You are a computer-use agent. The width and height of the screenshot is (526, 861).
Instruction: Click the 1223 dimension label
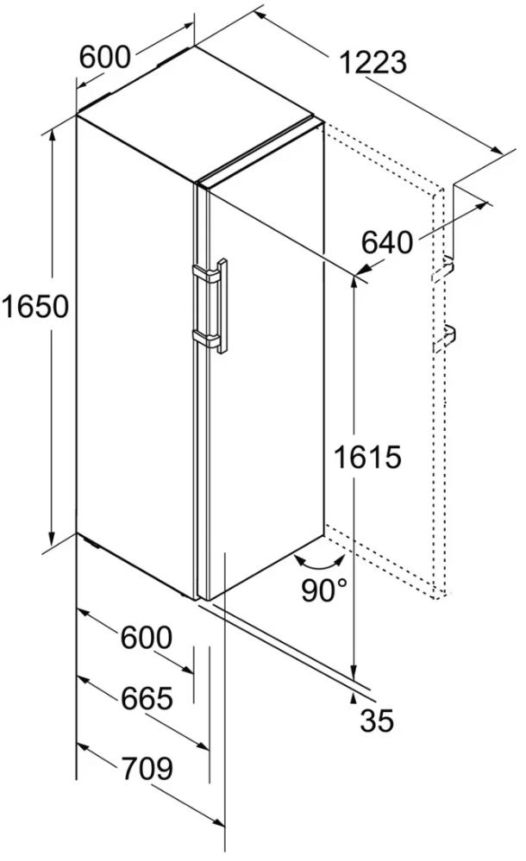click(373, 62)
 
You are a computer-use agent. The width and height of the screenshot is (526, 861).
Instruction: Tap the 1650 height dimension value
click(34, 307)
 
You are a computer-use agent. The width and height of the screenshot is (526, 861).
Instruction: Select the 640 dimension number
click(387, 242)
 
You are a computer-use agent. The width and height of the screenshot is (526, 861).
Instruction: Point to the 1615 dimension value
click(367, 457)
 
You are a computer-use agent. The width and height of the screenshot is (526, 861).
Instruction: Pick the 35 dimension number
click(377, 721)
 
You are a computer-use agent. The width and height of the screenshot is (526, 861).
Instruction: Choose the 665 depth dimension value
click(147, 698)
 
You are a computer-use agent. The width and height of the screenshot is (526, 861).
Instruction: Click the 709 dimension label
click(147, 769)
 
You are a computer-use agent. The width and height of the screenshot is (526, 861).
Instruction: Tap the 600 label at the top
click(105, 57)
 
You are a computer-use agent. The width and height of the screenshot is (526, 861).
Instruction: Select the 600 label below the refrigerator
click(147, 638)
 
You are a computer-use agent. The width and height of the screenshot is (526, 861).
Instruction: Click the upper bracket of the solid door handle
click(204, 273)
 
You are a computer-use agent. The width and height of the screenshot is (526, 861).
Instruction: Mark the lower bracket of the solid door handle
click(204, 338)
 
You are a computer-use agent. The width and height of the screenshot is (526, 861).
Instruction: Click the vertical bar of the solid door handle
click(222, 307)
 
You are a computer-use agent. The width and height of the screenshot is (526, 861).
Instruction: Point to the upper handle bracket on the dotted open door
click(444, 269)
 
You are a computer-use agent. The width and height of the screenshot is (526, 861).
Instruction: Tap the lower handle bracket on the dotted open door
click(445, 337)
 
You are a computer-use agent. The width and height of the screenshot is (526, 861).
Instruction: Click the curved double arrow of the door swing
click(320, 564)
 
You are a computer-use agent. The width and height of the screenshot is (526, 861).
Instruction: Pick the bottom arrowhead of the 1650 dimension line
click(53, 539)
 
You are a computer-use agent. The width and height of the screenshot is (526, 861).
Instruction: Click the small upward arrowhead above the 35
click(353, 697)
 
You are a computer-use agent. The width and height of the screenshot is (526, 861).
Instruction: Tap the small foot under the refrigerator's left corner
click(91, 544)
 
